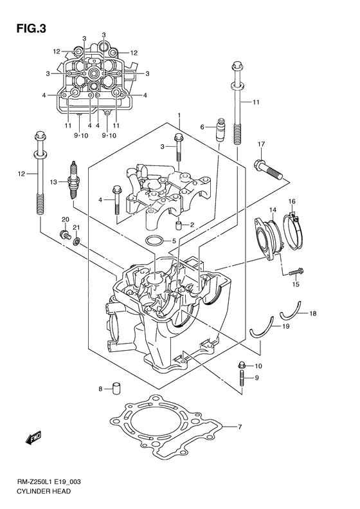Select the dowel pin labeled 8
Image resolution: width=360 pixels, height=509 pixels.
[x=118, y=388]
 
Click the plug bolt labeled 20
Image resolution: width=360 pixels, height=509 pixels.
[x=64, y=234]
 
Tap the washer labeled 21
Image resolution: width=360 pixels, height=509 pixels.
[x=76, y=241]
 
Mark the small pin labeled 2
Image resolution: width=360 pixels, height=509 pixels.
[x=179, y=224]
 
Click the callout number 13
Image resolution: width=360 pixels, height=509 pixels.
[x=55, y=181]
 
